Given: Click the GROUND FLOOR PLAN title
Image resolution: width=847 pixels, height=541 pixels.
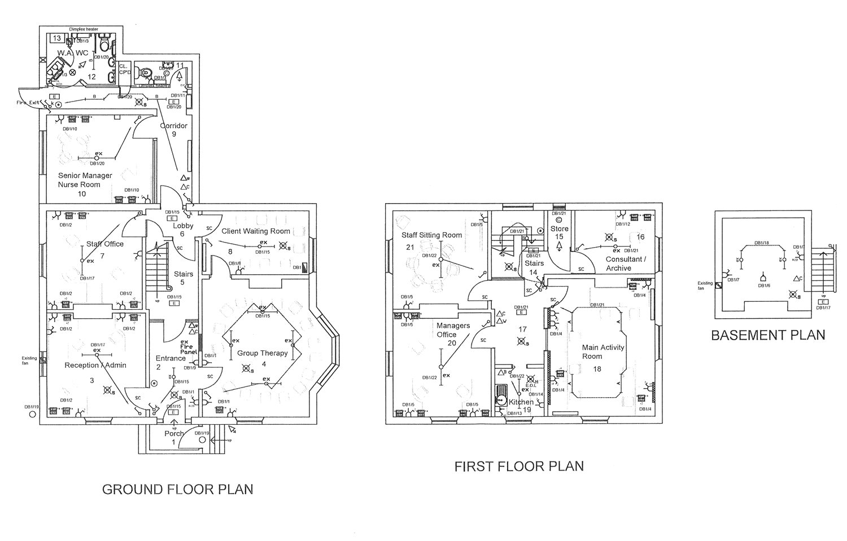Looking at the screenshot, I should (x=177, y=489).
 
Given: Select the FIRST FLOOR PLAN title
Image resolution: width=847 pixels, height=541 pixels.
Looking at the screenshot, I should (x=519, y=467).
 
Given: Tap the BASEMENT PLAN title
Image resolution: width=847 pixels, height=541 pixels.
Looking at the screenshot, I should (x=768, y=335).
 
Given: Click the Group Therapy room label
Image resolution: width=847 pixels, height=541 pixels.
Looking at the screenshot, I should (x=262, y=353).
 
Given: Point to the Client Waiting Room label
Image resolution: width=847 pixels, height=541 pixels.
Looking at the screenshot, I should (x=256, y=231).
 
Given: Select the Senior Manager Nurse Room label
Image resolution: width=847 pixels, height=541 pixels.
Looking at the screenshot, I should (x=85, y=180).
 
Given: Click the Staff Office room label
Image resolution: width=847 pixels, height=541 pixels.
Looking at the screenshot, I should (x=104, y=244).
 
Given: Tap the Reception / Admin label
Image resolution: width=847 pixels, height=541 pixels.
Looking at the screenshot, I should (x=95, y=365).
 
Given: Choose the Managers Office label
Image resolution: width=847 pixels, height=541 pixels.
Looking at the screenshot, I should (x=453, y=330).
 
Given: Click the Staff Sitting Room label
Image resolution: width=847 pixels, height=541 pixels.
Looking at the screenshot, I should (x=431, y=235).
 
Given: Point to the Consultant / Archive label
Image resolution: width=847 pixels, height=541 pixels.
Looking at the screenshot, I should (x=623, y=263).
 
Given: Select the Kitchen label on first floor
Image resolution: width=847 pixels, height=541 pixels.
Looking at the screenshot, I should (x=521, y=402).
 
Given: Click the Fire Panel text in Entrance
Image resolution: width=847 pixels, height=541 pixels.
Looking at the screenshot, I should (x=188, y=348).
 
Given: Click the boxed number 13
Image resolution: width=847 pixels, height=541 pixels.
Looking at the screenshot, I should (x=56, y=38).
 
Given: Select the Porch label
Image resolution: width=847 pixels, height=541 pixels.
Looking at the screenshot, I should (x=174, y=433).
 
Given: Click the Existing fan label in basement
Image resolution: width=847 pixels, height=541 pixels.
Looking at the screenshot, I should (x=705, y=286).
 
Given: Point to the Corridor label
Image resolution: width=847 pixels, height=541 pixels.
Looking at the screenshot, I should (x=173, y=125).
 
